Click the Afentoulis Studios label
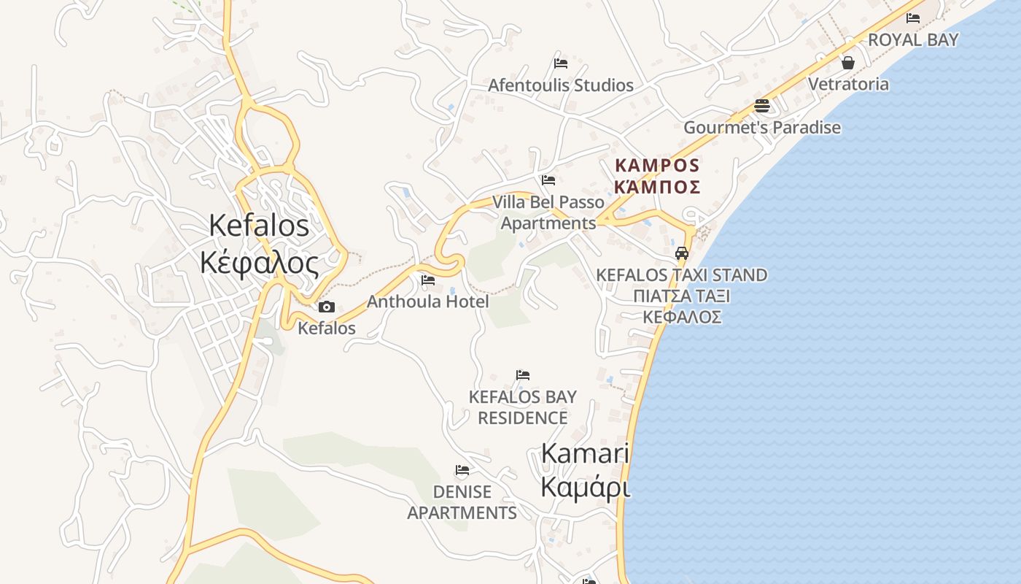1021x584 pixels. (560, 85)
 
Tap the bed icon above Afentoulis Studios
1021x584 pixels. (560, 64)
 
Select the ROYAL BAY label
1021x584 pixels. (913, 40)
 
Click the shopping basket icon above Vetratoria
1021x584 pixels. (848, 63)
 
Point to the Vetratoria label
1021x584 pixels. (848, 84)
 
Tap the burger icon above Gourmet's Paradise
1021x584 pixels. (762, 106)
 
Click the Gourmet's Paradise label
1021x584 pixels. (762, 128)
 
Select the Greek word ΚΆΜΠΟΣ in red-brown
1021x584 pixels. (657, 187)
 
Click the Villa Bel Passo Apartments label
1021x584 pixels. (548, 212)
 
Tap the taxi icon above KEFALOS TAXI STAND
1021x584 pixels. (682, 253)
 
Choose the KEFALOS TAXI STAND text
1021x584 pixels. (682, 275)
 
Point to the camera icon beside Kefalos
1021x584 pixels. (327, 307)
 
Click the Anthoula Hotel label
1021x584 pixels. (427, 301)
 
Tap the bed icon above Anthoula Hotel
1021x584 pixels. (428, 280)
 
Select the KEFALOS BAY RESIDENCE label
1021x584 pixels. (522, 407)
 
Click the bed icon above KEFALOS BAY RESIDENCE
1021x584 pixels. (523, 375)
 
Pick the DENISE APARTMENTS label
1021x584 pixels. (462, 502)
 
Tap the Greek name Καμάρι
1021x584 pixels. (585, 486)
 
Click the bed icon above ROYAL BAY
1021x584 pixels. (912, 18)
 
